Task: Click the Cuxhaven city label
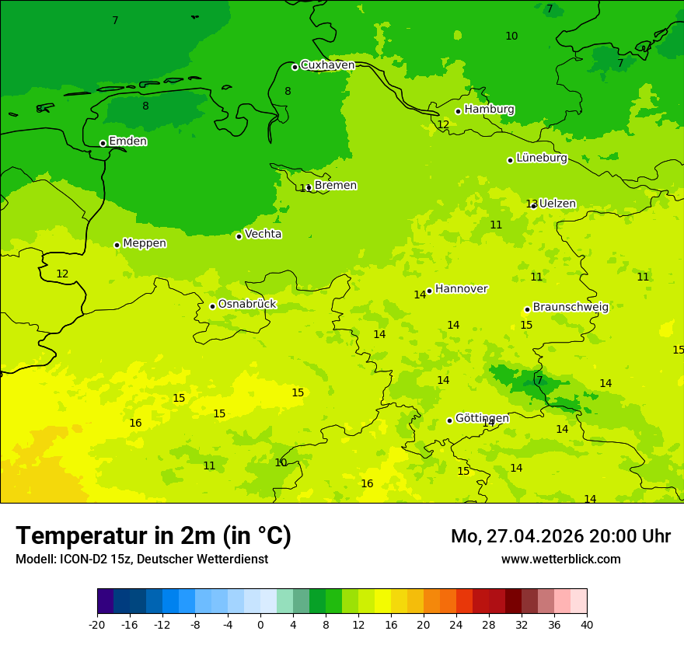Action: click(x=327, y=65)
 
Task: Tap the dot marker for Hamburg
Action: click(x=459, y=111)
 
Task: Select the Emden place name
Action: click(x=127, y=141)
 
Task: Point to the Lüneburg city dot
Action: click(x=510, y=160)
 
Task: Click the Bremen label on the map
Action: click(x=335, y=186)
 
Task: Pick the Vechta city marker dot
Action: click(x=239, y=236)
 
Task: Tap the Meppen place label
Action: click(x=145, y=243)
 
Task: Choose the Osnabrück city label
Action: click(x=247, y=305)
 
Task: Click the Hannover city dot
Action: click(x=429, y=291)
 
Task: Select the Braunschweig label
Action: click(x=571, y=308)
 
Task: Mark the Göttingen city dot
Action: click(x=449, y=420)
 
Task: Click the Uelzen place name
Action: click(x=557, y=204)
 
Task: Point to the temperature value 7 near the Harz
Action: click(x=539, y=381)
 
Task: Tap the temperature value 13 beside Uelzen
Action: click(x=531, y=204)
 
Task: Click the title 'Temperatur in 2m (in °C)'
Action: click(x=153, y=536)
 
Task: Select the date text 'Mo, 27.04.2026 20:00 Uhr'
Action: click(x=560, y=536)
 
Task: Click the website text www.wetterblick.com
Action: click(x=560, y=560)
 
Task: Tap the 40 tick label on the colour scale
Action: click(x=586, y=624)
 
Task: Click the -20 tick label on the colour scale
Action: click(x=97, y=624)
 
